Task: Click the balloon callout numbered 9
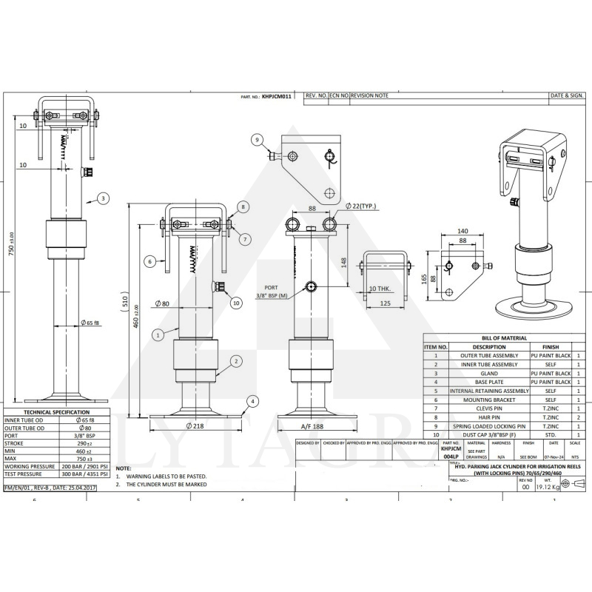tap(257, 140)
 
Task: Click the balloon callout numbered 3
tap(103, 198)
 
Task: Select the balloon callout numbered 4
tap(253, 402)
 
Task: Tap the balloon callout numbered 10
tap(236, 302)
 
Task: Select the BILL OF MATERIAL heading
tap(504, 338)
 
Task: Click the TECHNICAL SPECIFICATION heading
tap(56, 412)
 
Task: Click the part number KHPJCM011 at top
tap(277, 96)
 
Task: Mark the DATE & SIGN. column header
tap(567, 95)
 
